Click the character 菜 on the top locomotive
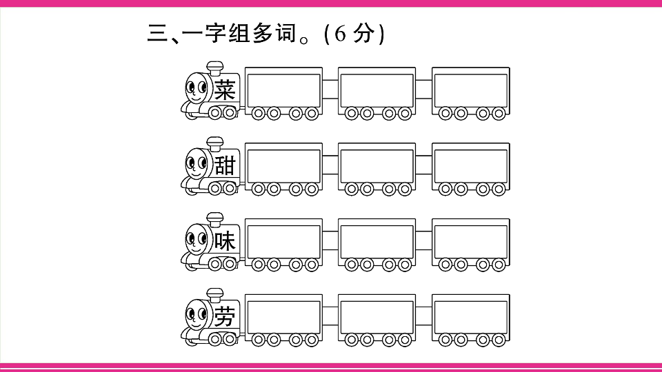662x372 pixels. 225,90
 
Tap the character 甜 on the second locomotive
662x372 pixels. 225,165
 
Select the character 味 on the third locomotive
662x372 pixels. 225,241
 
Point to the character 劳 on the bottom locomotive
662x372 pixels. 225,316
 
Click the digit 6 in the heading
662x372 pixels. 340,33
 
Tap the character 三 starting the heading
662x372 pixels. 157,33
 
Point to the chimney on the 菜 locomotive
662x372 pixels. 215,69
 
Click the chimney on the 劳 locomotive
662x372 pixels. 215,296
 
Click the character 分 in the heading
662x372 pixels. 364,33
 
